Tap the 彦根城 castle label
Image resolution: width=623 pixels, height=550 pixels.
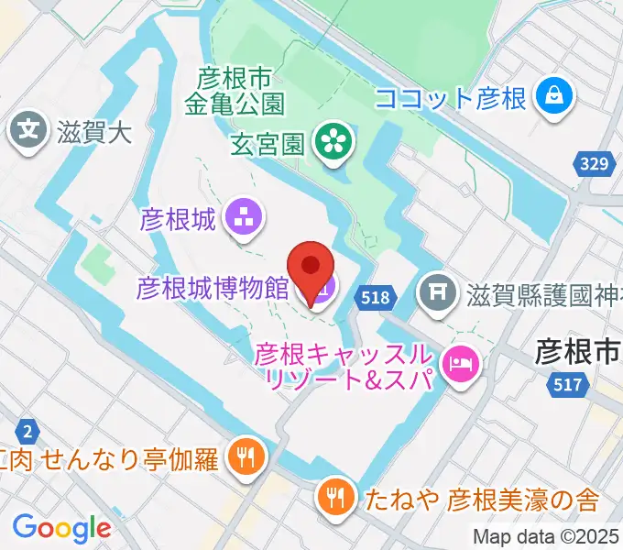click(x=177, y=219)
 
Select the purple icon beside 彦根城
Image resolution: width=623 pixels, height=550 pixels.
click(x=245, y=218)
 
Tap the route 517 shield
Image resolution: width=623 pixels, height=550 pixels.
click(x=568, y=386)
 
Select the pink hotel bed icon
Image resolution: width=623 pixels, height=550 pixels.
click(x=458, y=364)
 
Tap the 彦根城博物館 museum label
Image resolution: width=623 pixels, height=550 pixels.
click(x=213, y=290)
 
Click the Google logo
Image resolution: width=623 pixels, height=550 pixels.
click(x=62, y=527)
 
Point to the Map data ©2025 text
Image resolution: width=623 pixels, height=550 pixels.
click(x=546, y=535)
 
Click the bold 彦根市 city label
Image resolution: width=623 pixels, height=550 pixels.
click(x=578, y=351)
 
